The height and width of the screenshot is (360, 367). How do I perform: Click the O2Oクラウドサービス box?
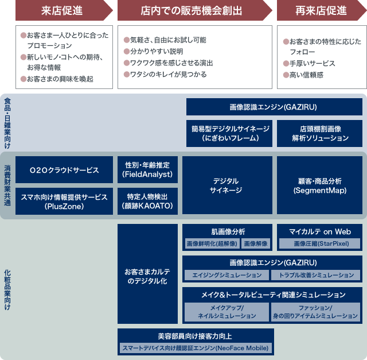pos(64,170)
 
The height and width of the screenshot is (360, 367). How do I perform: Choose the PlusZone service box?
pos(64,201)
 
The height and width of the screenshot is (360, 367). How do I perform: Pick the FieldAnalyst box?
pos(147,169)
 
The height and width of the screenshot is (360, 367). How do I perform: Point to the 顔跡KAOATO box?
pos(147,201)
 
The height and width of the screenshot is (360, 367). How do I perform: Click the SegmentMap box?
pos(319,185)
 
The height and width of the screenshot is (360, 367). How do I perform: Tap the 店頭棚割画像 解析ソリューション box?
pos(319,133)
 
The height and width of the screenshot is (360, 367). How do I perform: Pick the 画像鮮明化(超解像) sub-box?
pos(212,243)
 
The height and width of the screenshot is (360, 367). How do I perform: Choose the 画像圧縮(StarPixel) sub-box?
pos(319,243)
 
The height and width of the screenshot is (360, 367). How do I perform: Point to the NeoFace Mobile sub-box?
pos(194,348)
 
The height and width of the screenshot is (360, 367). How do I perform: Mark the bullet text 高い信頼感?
pos(307,75)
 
